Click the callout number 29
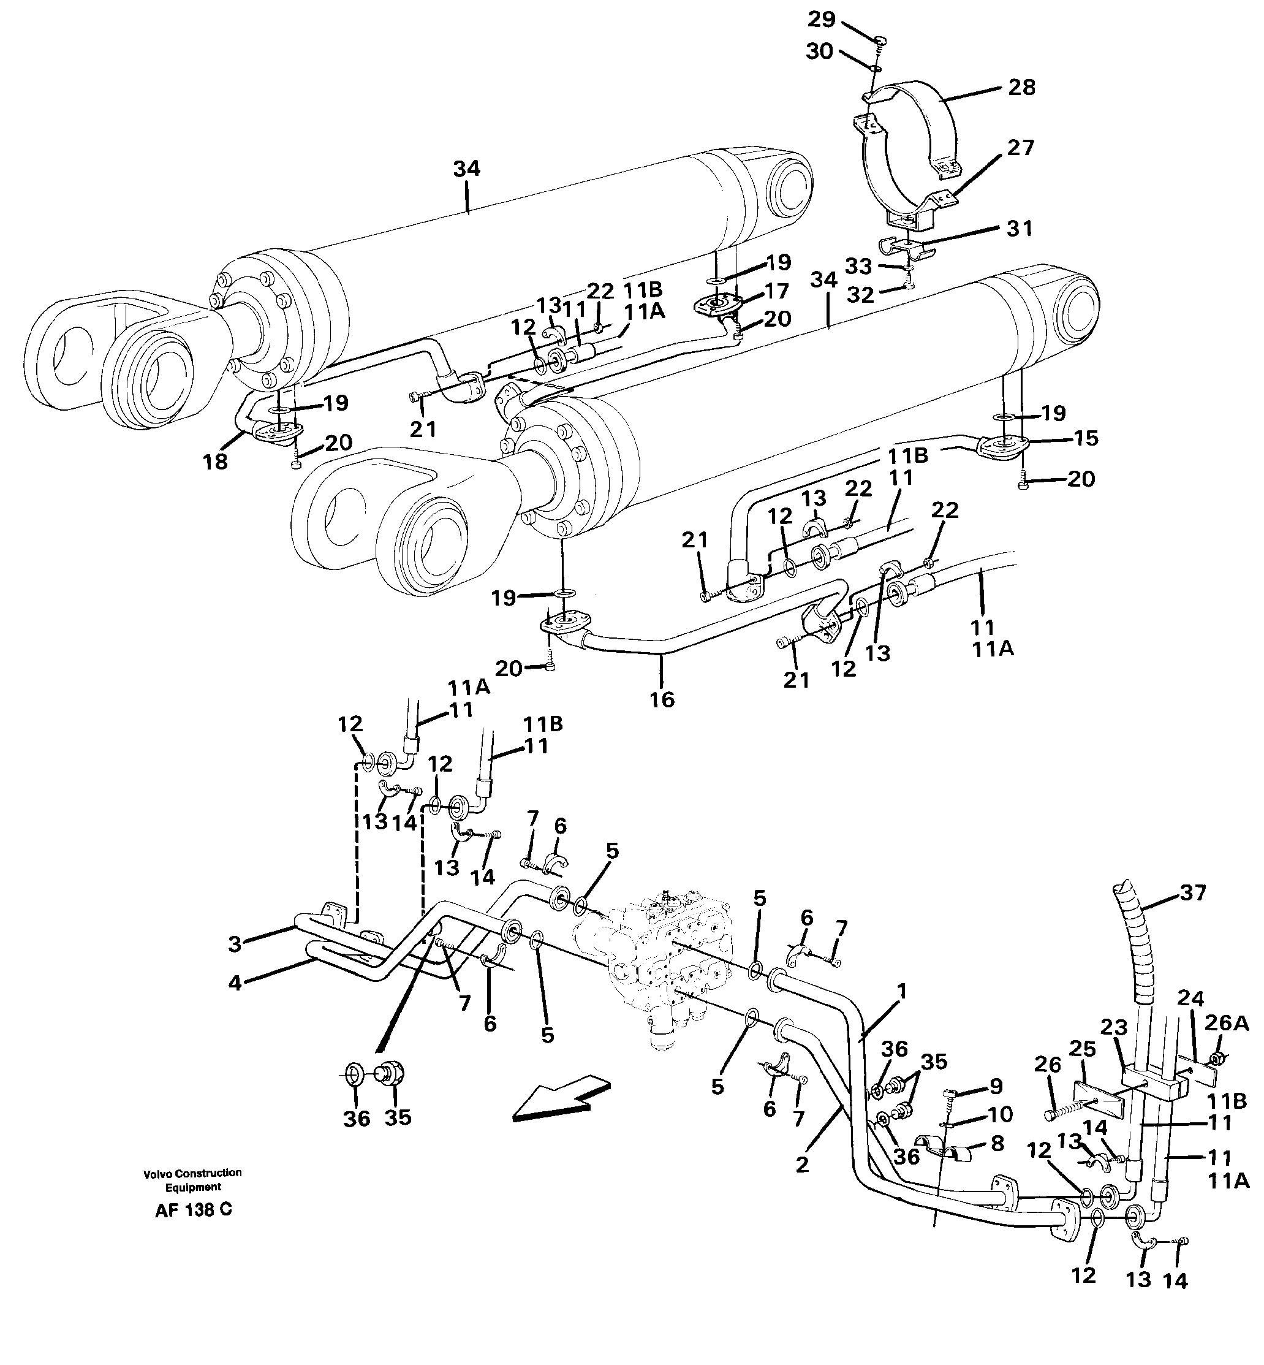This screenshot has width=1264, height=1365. click(x=821, y=19)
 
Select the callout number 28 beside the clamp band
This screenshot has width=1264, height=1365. click(x=1021, y=88)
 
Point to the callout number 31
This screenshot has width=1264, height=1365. click(x=1019, y=229)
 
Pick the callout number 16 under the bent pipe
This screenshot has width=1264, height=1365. click(x=662, y=699)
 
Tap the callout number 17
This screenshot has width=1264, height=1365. click(x=778, y=292)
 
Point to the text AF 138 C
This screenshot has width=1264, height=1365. click(x=194, y=1210)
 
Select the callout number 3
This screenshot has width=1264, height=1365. click(x=235, y=945)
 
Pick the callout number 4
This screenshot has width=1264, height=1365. click(x=235, y=983)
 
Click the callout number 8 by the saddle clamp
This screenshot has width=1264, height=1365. click(x=997, y=1143)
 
